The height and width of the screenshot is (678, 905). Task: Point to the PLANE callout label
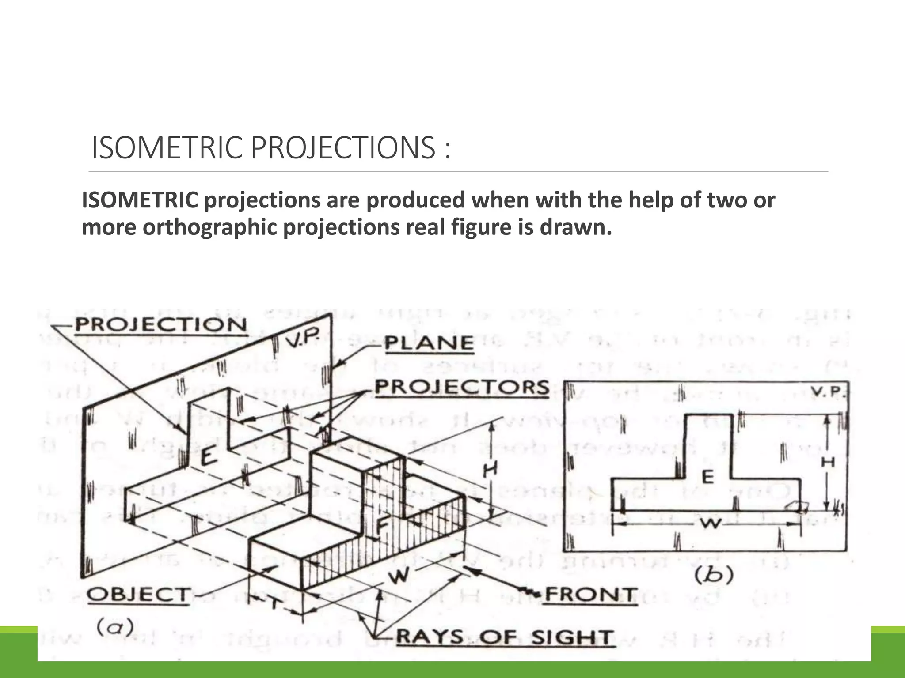point(429,343)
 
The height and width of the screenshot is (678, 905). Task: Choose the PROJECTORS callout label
point(462,388)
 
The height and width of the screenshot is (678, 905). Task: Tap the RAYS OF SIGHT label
point(505,637)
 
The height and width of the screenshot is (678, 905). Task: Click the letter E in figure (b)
point(707,476)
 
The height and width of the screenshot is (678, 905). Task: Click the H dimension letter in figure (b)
point(827,462)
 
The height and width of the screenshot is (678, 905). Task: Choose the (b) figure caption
point(714,575)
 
